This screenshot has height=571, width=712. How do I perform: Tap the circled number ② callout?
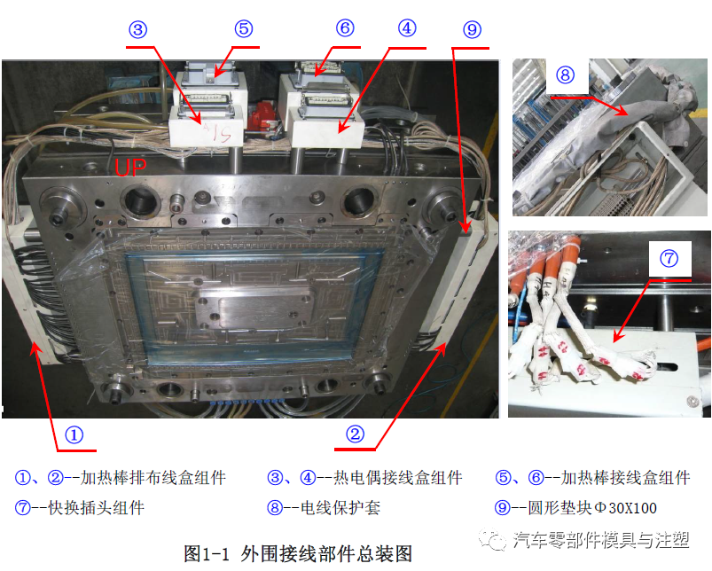pyautogui.click(x=355, y=434)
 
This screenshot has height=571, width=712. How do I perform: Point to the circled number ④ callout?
pyautogui.click(x=406, y=27)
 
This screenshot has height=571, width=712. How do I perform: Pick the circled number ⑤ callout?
pyautogui.click(x=244, y=29)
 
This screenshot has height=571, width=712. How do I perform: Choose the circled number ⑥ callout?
pyautogui.click(x=345, y=27)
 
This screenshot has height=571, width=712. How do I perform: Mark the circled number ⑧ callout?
pyautogui.click(x=567, y=74)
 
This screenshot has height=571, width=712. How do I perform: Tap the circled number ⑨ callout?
pyautogui.click(x=472, y=30)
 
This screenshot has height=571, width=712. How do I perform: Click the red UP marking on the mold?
pyautogui.click(x=130, y=168)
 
